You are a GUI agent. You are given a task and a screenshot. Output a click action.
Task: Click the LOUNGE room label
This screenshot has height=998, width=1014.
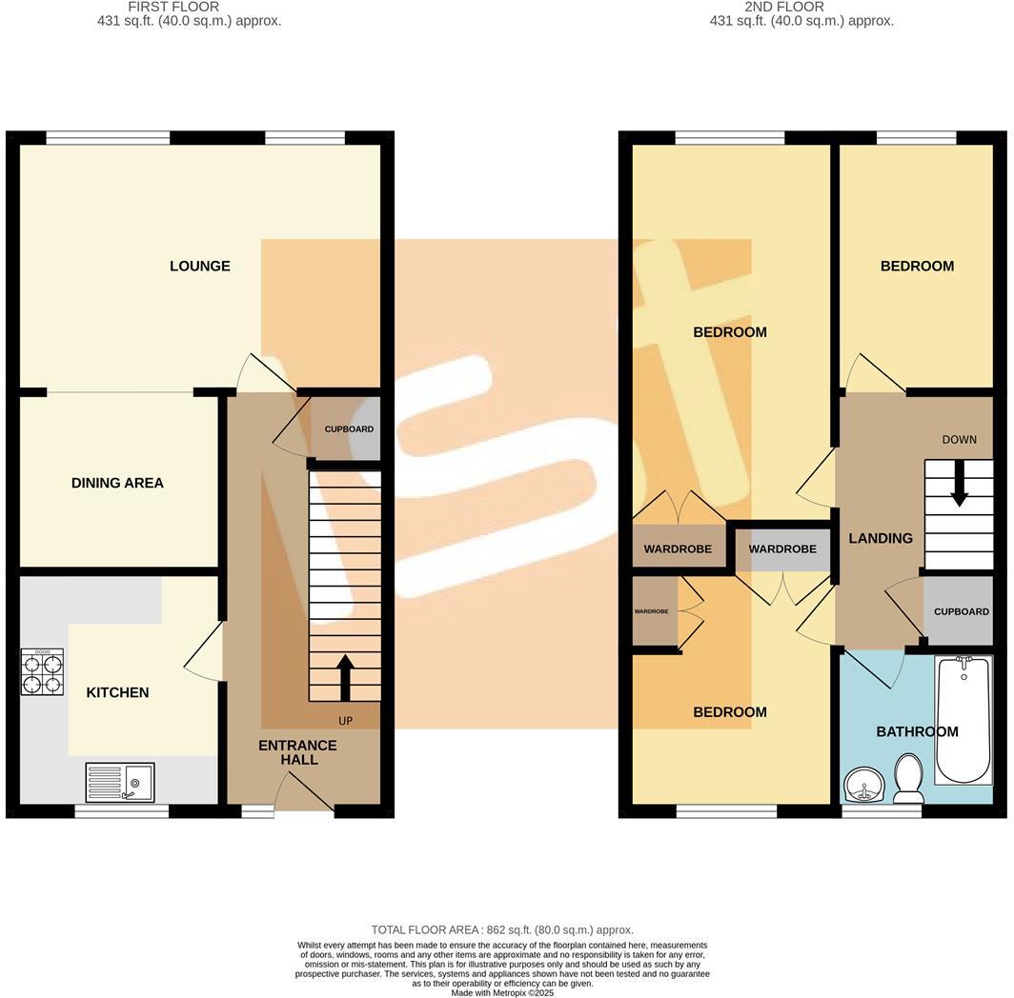pyautogui.click(x=200, y=266)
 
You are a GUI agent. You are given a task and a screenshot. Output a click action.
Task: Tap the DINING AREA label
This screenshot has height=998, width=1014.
pyautogui.click(x=117, y=483)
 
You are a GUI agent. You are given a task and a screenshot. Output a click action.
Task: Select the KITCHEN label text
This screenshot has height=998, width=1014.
pyautogui.click(x=117, y=692)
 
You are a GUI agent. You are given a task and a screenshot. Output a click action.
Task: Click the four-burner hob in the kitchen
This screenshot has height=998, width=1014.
pyautogui.click(x=43, y=672)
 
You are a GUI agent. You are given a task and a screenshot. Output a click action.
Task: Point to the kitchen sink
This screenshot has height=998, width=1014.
pyautogui.click(x=119, y=782)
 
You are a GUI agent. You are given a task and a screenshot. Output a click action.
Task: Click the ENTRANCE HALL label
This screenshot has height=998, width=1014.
pyautogui.click(x=298, y=752)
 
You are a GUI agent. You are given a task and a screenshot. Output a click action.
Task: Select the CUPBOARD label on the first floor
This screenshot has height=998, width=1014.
pyautogui.click(x=349, y=429)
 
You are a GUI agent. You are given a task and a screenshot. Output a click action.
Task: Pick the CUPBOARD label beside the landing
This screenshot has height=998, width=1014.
pyautogui.click(x=961, y=611)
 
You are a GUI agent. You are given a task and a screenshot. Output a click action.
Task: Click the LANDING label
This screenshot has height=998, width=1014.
pyautogui.click(x=881, y=538)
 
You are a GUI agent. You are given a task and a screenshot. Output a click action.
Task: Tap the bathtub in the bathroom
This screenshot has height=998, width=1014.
pyautogui.click(x=963, y=719)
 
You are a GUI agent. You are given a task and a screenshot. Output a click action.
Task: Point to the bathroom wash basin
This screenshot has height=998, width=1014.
pyautogui.click(x=865, y=786)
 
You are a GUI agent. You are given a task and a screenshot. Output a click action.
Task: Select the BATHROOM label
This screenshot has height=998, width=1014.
pyautogui.click(x=917, y=731)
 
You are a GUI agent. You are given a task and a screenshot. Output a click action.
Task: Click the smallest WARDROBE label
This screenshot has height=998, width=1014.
pyautogui.click(x=651, y=611)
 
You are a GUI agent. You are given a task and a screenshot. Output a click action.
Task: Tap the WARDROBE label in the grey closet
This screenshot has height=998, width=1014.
pyautogui.click(x=782, y=549)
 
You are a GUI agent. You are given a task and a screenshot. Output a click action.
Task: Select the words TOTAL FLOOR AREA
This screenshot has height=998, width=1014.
pyautogui.click(x=428, y=929)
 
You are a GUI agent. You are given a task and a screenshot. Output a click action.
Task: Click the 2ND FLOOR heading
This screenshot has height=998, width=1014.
pyautogui.click(x=784, y=7)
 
